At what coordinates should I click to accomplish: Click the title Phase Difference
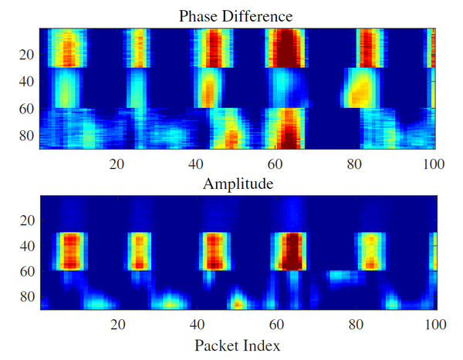(x=236, y=15)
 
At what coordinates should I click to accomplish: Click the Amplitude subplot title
(x=236, y=184)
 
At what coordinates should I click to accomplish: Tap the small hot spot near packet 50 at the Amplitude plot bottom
(x=238, y=300)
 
